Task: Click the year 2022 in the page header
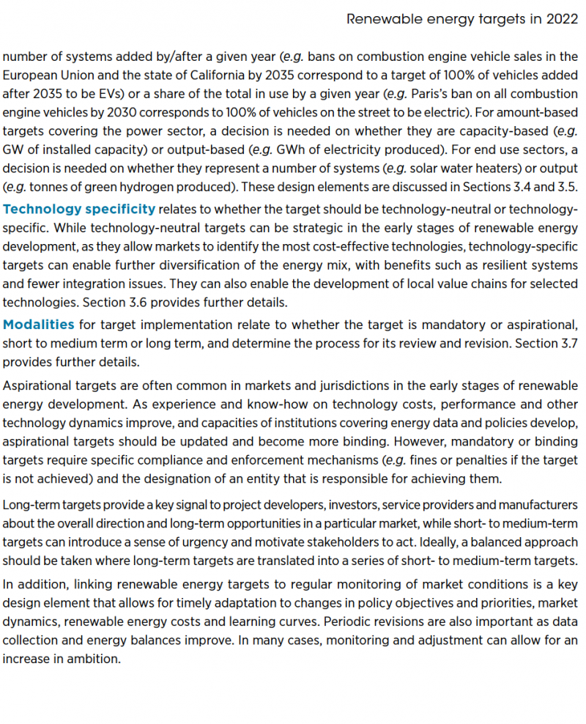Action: point(563,19)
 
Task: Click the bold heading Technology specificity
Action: point(79,209)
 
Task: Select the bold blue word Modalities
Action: point(39,323)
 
